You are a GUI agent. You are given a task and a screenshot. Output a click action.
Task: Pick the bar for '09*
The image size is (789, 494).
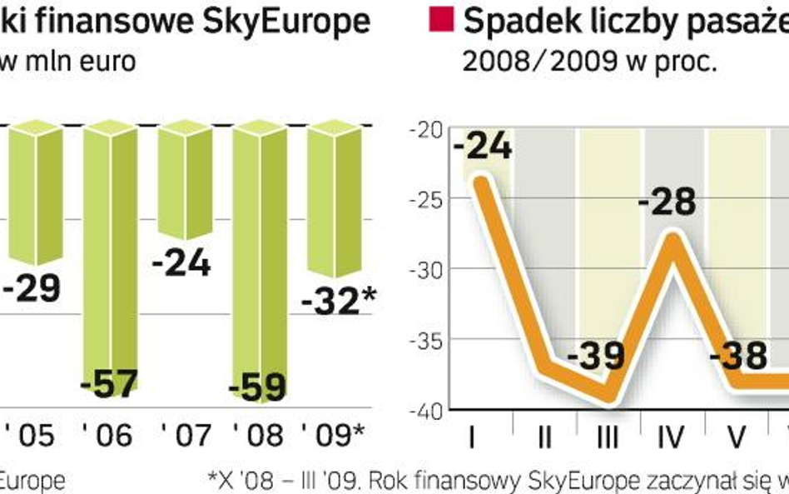335,200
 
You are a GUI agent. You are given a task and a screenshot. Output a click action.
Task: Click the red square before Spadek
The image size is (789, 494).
444,20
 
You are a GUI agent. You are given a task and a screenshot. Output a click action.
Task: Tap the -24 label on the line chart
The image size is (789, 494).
484,147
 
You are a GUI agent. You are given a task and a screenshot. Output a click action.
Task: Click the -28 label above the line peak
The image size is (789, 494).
666,202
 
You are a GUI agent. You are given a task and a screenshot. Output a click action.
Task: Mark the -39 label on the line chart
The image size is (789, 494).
596,356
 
